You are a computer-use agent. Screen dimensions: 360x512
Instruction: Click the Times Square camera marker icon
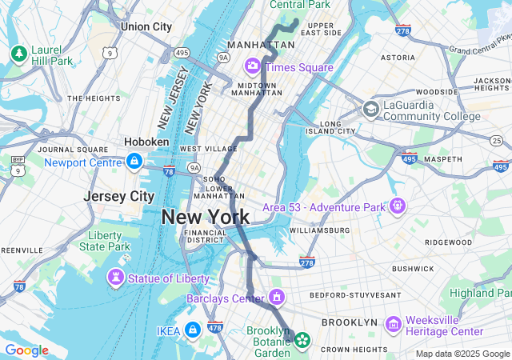pyautogui.click(x=253, y=66)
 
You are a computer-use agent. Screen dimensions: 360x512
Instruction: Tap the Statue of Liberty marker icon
pyautogui.click(x=117, y=278)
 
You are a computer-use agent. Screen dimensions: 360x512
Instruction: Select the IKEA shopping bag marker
pyautogui.click(x=192, y=329)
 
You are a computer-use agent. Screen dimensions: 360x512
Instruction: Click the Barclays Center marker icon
pyautogui.click(x=277, y=298)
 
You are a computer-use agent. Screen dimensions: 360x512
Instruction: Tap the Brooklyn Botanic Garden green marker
pyautogui.click(x=302, y=340)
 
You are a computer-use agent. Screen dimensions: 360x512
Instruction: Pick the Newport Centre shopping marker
pyautogui.click(x=134, y=162)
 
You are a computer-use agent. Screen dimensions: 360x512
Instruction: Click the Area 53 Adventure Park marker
pyautogui.click(x=397, y=206)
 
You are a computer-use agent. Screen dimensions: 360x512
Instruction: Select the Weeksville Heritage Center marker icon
pyautogui.click(x=393, y=324)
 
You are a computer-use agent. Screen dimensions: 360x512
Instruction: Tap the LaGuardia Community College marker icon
pyautogui.click(x=370, y=109)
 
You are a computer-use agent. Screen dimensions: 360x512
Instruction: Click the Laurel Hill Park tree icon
pyautogui.click(x=18, y=54)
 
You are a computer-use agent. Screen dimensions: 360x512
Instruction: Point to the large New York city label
pyautogui.click(x=206, y=217)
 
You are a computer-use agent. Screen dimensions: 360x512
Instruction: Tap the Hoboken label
pyautogui.click(x=146, y=142)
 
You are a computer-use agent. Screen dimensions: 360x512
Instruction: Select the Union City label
pyautogui.click(x=146, y=26)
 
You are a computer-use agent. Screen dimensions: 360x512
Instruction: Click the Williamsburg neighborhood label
pyautogui.click(x=320, y=230)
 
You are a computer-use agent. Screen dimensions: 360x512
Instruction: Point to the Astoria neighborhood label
pyautogui.click(x=398, y=58)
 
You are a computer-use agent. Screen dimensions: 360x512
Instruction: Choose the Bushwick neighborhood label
pyautogui.click(x=413, y=270)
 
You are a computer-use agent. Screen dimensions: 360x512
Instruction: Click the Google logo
pyautogui.click(x=26, y=350)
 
